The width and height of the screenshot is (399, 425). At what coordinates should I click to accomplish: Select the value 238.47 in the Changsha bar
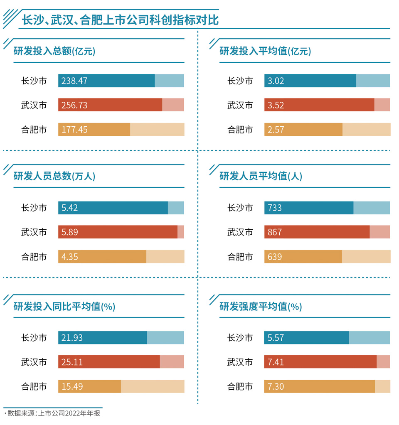74,81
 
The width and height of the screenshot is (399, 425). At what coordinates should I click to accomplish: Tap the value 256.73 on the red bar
74,105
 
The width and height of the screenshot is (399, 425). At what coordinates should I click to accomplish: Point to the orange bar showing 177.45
94,130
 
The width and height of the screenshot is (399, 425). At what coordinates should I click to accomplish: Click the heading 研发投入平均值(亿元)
265,51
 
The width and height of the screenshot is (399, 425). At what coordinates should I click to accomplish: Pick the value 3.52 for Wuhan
276,105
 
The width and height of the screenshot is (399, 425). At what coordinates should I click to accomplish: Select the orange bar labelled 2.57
303,130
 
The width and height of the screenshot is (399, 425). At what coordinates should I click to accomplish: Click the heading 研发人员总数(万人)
54,176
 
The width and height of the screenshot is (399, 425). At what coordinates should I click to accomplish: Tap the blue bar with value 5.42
113,208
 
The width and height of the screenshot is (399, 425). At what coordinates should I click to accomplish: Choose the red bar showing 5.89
118,232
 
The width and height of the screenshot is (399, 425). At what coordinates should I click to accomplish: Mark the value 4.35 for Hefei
69,257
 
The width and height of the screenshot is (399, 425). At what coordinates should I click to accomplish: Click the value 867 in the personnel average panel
275,232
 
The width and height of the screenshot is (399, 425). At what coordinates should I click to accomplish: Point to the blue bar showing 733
308,208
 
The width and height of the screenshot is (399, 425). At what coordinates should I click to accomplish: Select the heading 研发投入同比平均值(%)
64,307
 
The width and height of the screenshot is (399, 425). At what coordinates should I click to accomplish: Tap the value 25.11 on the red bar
72,362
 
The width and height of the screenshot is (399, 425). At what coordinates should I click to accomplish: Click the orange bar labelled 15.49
89,386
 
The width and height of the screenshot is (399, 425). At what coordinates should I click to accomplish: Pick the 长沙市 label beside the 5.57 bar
240,338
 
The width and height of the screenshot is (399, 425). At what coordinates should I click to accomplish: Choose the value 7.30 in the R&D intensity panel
276,386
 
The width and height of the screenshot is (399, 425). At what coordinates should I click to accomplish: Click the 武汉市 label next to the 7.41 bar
240,362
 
